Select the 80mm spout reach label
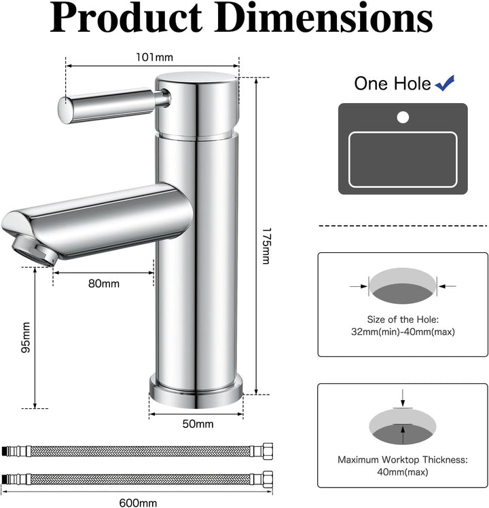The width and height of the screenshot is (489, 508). click(103, 284)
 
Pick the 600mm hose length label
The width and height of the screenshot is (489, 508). click(138, 503)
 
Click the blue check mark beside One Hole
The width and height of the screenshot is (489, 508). click(446, 83)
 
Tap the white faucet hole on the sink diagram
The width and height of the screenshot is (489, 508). click(403, 117)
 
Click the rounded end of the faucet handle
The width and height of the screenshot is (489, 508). click(65, 110)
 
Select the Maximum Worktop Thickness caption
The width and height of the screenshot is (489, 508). click(402, 459)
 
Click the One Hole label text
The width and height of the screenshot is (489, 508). click(392, 83)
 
